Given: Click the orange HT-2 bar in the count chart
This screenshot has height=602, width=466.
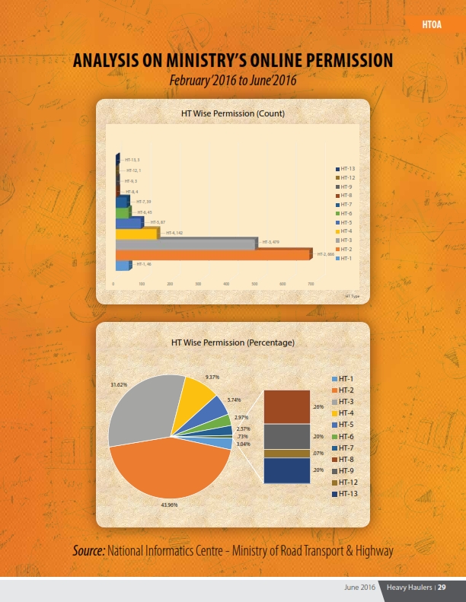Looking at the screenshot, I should pyautogui.click(x=213, y=254).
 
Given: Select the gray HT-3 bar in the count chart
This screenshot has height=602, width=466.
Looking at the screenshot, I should pyautogui.click(x=186, y=244).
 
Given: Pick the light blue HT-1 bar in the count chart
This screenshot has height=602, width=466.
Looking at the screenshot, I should pyautogui.click(x=122, y=265).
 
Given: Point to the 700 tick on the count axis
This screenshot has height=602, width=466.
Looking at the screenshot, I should pyautogui.click(x=310, y=283).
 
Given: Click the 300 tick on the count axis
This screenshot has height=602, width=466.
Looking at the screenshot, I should pyautogui.click(x=197, y=283).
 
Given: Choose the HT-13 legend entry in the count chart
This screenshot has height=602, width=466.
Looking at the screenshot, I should pyautogui.click(x=346, y=168).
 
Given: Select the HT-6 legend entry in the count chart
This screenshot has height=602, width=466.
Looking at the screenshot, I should pyautogui.click(x=346, y=214).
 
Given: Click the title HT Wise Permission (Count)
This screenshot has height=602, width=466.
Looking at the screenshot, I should pyautogui.click(x=232, y=113).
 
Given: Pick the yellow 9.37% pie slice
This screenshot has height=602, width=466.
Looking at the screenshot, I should pyautogui.click(x=196, y=396).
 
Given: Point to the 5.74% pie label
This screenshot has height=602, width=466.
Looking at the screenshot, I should pyautogui.click(x=234, y=400).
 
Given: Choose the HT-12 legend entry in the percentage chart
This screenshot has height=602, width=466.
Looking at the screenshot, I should pyautogui.click(x=347, y=482).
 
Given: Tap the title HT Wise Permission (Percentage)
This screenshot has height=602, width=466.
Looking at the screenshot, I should pyautogui.click(x=232, y=343).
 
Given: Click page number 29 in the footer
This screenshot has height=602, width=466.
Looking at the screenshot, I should pyautogui.click(x=441, y=588).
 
